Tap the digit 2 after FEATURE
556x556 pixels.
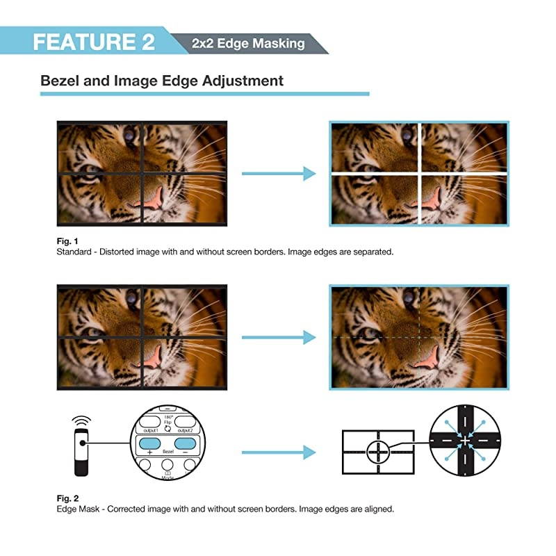click(x=147, y=41)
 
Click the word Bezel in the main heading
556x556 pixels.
click(x=62, y=81)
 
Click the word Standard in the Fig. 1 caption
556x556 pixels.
click(x=73, y=252)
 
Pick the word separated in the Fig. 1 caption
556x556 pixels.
click(x=370, y=252)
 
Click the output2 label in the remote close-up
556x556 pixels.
click(x=183, y=431)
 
